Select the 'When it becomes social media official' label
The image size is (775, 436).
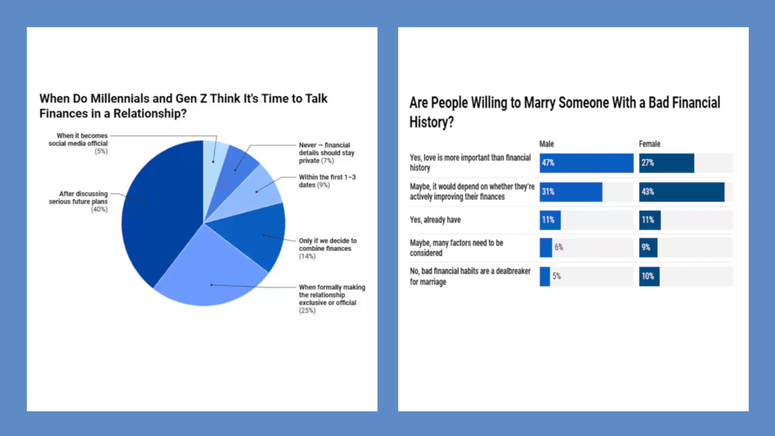tap(78, 143)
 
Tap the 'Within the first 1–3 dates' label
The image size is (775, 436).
tap(327, 181)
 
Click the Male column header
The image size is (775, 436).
tap(547, 144)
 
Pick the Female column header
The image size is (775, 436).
tap(649, 144)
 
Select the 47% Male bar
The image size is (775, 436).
tap(586, 163)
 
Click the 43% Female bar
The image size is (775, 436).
tap(681, 192)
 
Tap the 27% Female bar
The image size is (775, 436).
tap(666, 163)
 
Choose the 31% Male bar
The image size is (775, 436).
tap(570, 192)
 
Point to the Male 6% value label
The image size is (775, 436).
tap(559, 247)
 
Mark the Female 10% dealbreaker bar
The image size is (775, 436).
tap(649, 276)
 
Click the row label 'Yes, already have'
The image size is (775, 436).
tap(435, 220)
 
